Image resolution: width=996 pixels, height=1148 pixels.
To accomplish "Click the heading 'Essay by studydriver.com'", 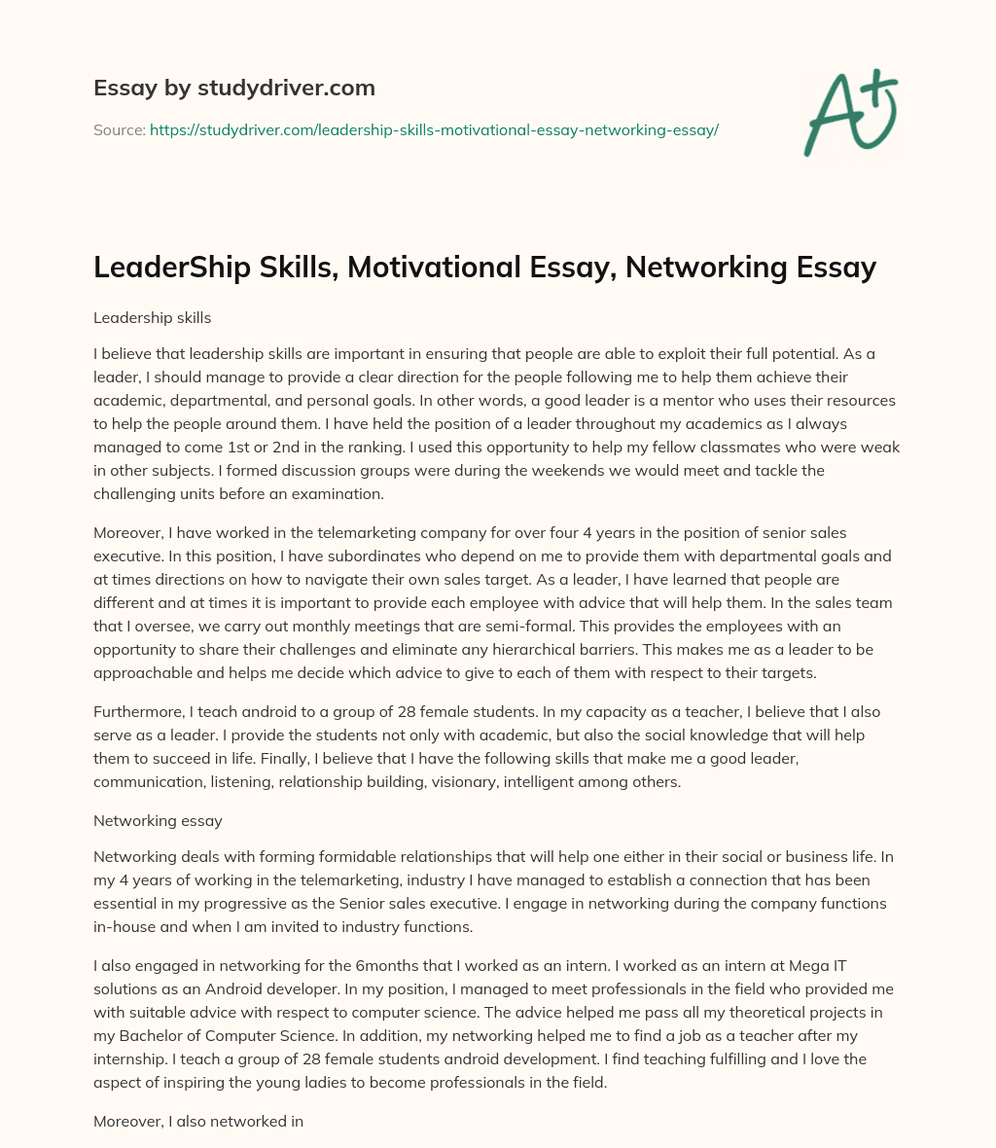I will (x=233, y=88).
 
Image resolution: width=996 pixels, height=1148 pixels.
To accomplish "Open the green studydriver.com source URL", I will (x=434, y=129).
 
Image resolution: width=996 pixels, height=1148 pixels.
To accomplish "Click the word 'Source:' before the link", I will (x=119, y=129).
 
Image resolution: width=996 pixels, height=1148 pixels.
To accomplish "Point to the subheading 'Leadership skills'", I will (x=152, y=318).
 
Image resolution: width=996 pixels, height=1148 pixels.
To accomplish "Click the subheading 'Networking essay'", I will (x=158, y=820).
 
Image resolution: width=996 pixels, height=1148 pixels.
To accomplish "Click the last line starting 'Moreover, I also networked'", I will (x=198, y=1121).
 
